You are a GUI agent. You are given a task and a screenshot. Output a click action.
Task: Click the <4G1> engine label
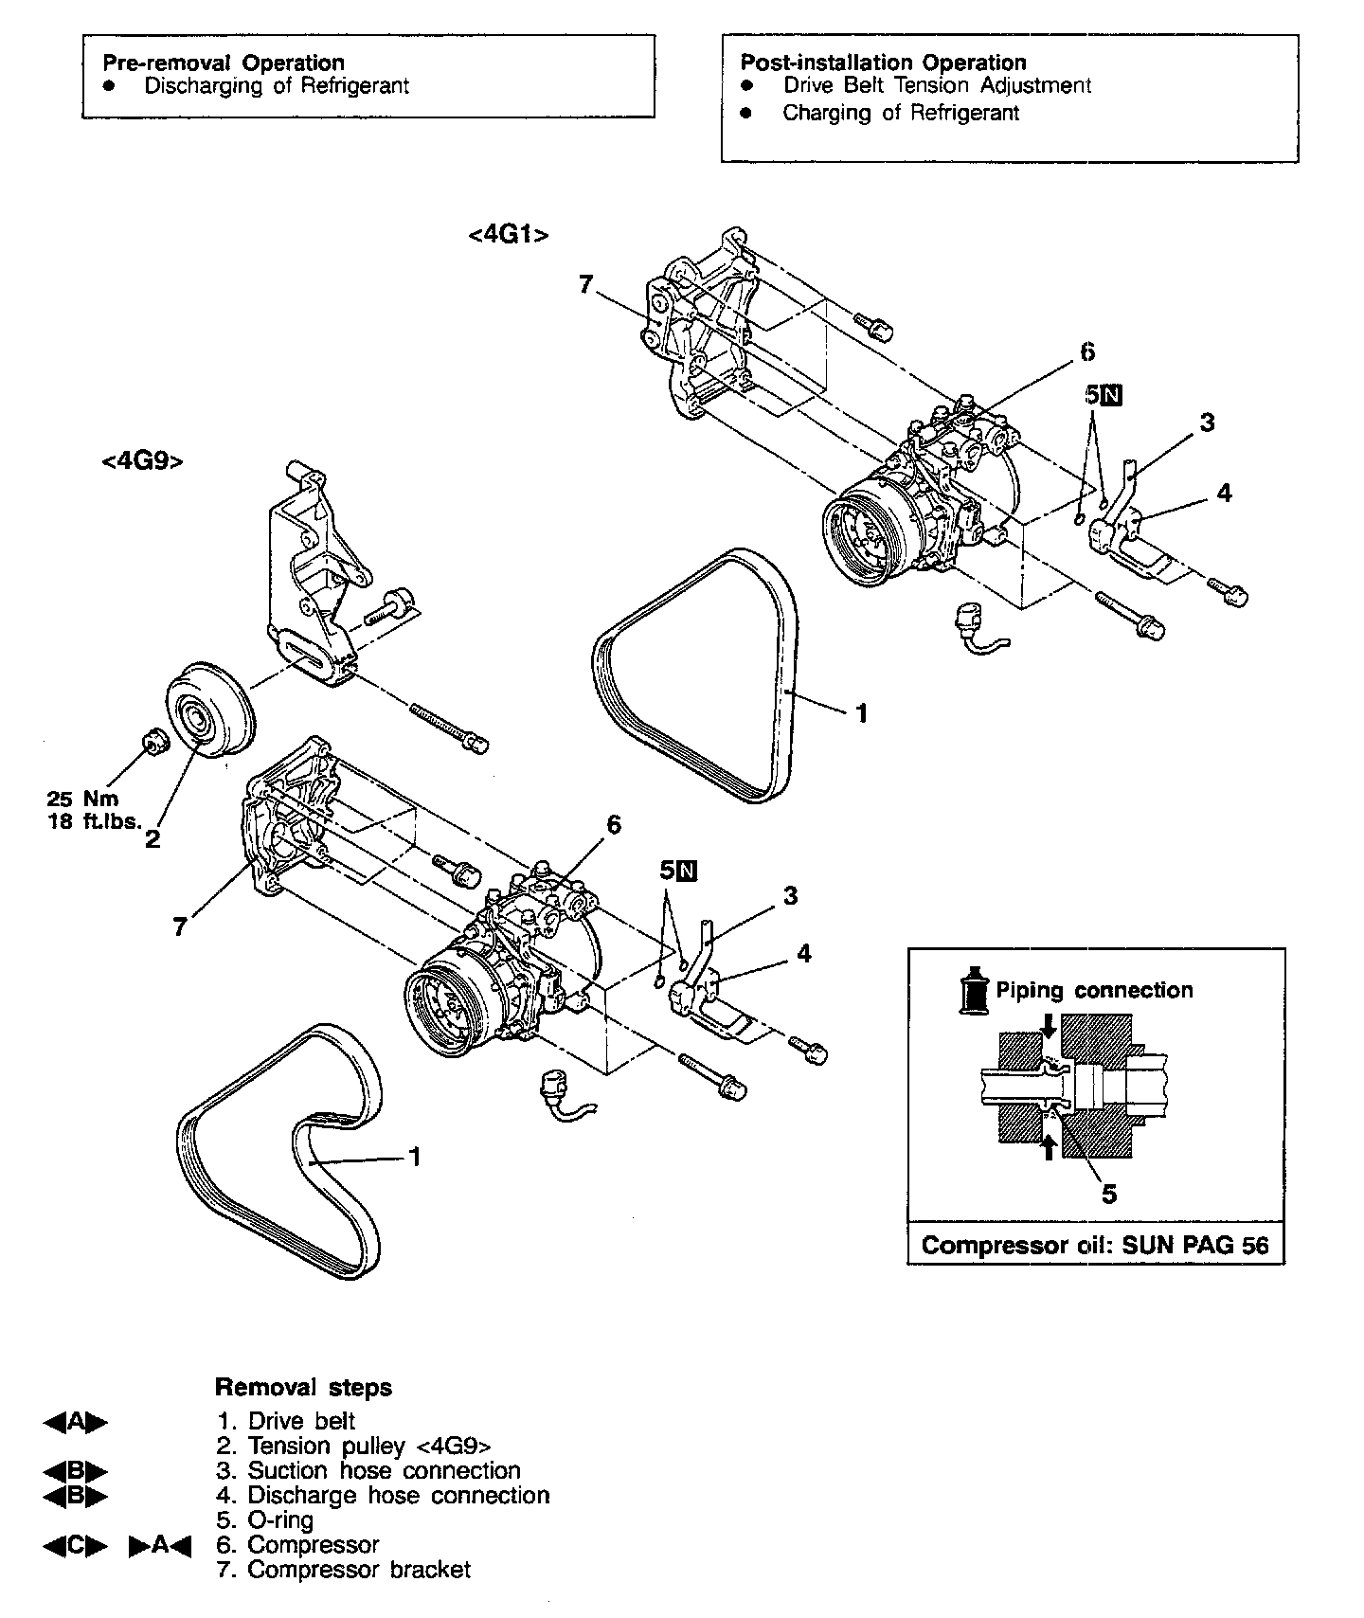tap(509, 234)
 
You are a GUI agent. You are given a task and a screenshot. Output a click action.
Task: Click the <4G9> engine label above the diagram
tap(142, 461)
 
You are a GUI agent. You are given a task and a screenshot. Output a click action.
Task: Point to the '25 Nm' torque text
tap(83, 799)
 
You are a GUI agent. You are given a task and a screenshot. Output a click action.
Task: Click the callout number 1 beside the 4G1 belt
tap(861, 712)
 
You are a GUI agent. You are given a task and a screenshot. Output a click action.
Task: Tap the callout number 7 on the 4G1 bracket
tap(586, 283)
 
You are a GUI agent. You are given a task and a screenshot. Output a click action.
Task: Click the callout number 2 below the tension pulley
tap(152, 839)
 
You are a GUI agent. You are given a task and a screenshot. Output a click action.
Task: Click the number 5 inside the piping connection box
tap(1108, 1194)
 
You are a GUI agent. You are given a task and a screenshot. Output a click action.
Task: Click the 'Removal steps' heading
tap(303, 1388)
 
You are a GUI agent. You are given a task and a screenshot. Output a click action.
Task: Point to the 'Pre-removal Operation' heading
tap(224, 63)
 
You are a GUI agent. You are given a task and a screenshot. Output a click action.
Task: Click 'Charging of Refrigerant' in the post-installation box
tap(900, 113)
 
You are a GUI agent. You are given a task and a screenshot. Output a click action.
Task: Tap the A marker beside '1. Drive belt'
tap(76, 1422)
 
